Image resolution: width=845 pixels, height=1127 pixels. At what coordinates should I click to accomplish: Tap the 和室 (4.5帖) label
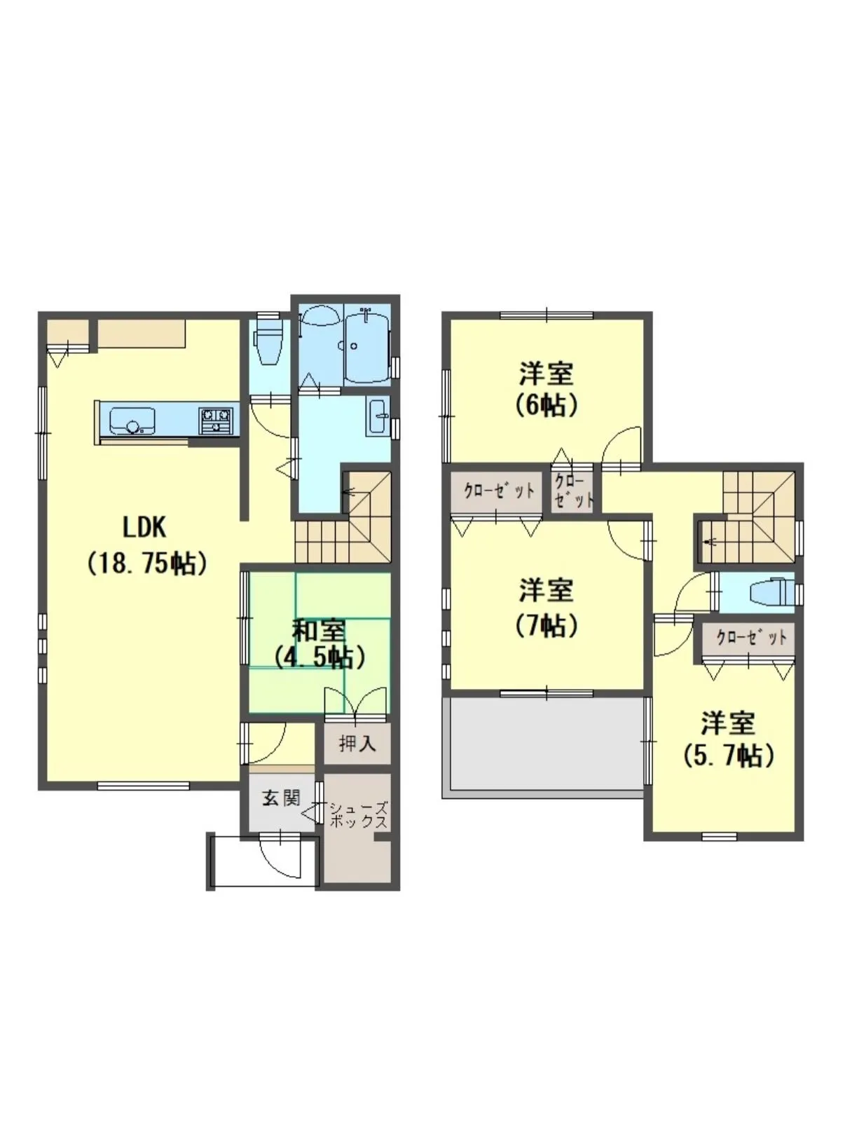click(319, 644)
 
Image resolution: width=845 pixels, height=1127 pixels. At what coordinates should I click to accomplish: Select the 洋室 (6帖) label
click(547, 390)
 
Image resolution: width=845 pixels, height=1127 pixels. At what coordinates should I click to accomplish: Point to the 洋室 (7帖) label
click(547, 608)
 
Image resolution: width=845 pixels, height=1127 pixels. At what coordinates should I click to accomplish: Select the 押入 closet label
click(357, 744)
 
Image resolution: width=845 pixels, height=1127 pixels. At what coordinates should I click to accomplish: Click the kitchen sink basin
click(132, 421)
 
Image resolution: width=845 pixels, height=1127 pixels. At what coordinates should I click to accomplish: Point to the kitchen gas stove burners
click(217, 421)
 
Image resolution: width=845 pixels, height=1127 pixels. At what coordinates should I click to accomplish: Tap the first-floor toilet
click(267, 342)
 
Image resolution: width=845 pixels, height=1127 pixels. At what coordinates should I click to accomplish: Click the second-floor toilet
click(771, 593)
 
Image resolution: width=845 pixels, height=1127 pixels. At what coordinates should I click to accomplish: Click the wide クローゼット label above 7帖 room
click(499, 491)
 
